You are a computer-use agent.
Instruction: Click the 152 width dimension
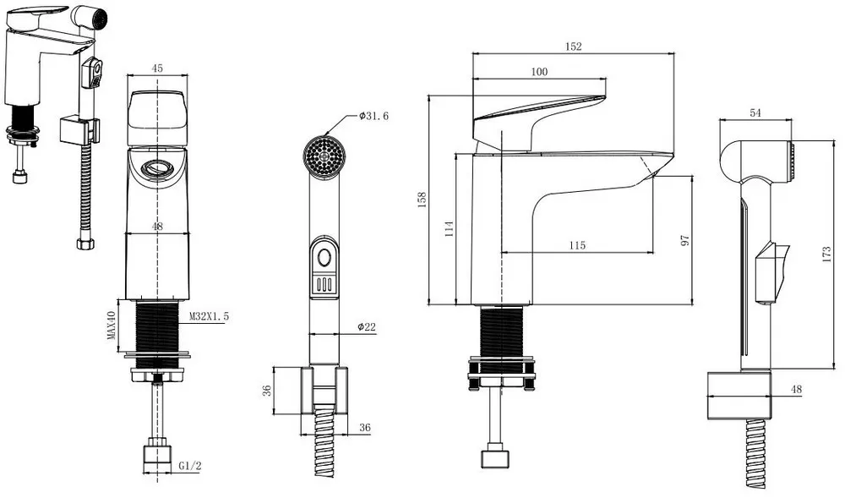[x=573, y=47]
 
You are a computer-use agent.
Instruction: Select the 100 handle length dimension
[x=539, y=73]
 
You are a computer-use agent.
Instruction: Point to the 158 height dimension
[x=422, y=200]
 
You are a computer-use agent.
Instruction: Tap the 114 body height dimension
[x=450, y=228]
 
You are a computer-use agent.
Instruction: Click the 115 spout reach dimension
[x=576, y=245]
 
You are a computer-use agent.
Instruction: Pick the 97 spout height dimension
[x=685, y=240]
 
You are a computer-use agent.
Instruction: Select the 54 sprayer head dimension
[x=755, y=113]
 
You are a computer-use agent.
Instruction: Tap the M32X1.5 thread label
[x=209, y=316]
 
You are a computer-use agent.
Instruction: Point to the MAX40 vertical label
[x=111, y=325]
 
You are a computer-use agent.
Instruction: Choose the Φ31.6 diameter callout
[x=373, y=116]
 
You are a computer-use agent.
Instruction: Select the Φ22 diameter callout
[x=366, y=327]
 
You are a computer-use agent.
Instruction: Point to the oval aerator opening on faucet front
[x=157, y=168]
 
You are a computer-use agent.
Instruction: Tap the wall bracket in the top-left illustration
[x=79, y=130]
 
